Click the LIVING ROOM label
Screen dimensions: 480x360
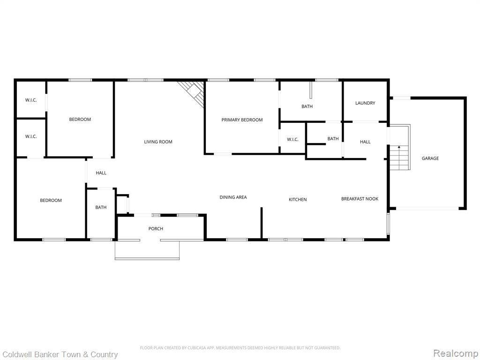(x=158, y=142)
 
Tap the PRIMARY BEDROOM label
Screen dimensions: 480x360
(x=242, y=120)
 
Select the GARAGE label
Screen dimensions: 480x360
(x=430, y=158)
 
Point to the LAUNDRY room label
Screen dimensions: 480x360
(x=365, y=103)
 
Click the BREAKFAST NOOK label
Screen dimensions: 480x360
(x=360, y=199)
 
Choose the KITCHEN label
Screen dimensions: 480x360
(x=298, y=200)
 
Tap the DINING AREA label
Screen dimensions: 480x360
(x=233, y=197)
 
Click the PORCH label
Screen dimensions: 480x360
(x=156, y=229)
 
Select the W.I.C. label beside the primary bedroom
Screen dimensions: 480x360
(x=292, y=140)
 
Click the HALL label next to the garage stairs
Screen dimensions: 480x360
(x=365, y=142)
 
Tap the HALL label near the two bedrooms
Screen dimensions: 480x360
(x=101, y=173)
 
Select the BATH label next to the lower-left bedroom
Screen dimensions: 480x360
(x=101, y=207)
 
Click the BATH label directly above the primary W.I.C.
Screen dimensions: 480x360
(x=307, y=106)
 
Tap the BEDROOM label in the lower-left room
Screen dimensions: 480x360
(x=51, y=201)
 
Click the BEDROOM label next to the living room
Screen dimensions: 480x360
(x=80, y=120)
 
